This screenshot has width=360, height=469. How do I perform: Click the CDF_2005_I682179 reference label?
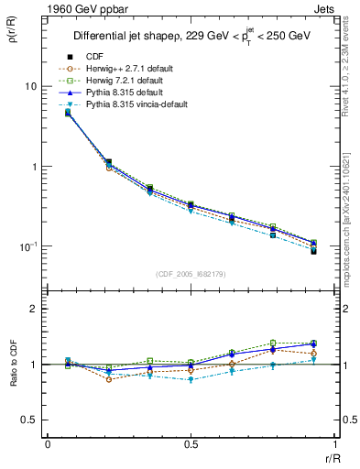191,275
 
